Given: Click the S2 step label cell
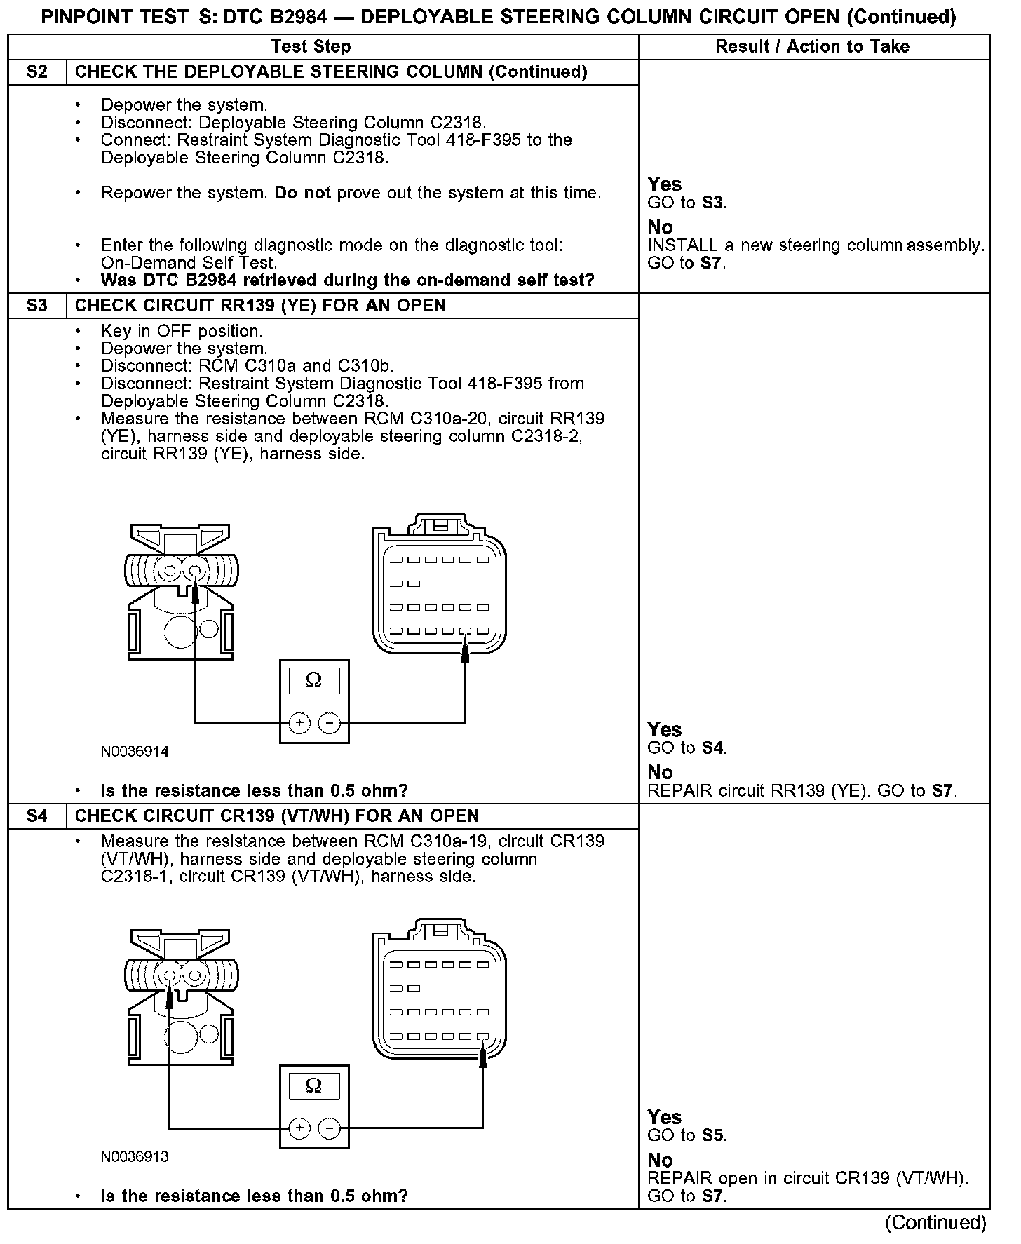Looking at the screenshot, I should [x=37, y=72].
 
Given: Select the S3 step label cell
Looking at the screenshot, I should [x=37, y=306].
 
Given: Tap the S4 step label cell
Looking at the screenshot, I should [x=37, y=816].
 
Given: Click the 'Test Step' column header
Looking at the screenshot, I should [x=311, y=47].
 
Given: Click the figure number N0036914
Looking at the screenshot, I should [x=135, y=752].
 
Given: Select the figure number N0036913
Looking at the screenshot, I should [x=135, y=1157].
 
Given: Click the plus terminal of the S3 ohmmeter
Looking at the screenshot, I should [x=299, y=722].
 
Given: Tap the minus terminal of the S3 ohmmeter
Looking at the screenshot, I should [x=329, y=722].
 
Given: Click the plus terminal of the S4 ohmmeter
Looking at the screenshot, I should [x=299, y=1128].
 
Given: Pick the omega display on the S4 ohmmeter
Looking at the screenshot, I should [x=314, y=1086].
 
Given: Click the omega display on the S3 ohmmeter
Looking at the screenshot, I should [x=314, y=681].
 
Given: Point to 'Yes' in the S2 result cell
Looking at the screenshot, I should [x=665, y=184].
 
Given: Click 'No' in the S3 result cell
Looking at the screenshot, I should [x=661, y=772].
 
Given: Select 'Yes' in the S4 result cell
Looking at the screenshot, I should [x=665, y=1117].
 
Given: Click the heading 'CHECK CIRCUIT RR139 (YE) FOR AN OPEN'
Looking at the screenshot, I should [x=260, y=306].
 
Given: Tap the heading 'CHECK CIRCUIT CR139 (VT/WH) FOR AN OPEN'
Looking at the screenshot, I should [x=277, y=816].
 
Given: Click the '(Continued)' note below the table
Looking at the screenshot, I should [x=935, y=1223].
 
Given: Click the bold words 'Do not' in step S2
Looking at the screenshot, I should [x=302, y=193].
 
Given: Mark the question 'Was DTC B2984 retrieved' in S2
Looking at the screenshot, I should [x=347, y=280].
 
